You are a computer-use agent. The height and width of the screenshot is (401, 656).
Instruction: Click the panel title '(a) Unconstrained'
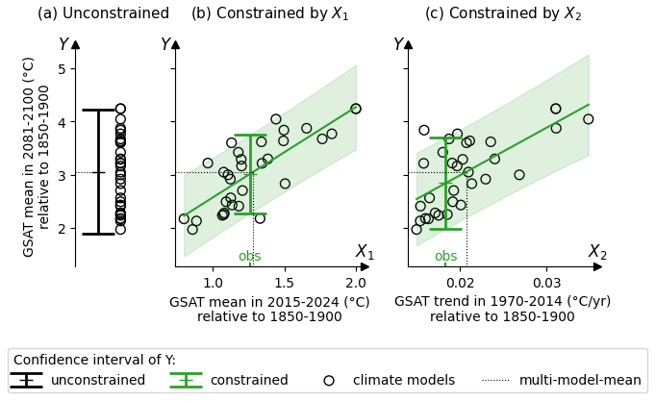[x=103, y=13]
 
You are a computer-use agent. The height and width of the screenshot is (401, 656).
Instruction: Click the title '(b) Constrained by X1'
[x=269, y=13]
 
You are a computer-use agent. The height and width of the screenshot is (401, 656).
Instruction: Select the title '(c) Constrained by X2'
[x=503, y=13]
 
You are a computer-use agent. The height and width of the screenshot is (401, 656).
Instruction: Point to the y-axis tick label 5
[x=61, y=69]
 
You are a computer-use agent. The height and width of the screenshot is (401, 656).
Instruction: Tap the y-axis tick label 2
[x=61, y=229]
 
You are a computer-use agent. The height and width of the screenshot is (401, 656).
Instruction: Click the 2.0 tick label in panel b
[x=356, y=283]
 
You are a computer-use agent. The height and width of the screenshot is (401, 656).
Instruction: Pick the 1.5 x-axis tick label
[x=284, y=283]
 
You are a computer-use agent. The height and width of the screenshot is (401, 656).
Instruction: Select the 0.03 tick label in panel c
[x=547, y=283]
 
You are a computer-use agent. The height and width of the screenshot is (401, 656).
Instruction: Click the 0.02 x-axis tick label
[x=460, y=283]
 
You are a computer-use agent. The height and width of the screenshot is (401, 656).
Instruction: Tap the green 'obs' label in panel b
[x=249, y=257]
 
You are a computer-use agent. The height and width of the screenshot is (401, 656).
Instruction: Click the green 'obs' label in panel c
[x=445, y=257]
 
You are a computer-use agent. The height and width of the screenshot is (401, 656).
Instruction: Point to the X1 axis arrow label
[x=365, y=252]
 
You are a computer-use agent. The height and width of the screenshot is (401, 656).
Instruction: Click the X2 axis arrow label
[x=597, y=252]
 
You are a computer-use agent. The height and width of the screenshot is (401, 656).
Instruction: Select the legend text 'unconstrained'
[x=98, y=380]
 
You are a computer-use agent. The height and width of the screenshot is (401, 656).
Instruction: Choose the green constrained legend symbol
[x=186, y=380]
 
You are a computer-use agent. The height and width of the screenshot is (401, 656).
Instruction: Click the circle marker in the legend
[x=329, y=380]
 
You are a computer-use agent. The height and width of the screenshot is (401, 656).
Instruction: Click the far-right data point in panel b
[x=356, y=109]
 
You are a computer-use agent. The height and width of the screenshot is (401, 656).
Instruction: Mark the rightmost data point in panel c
[x=589, y=119]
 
